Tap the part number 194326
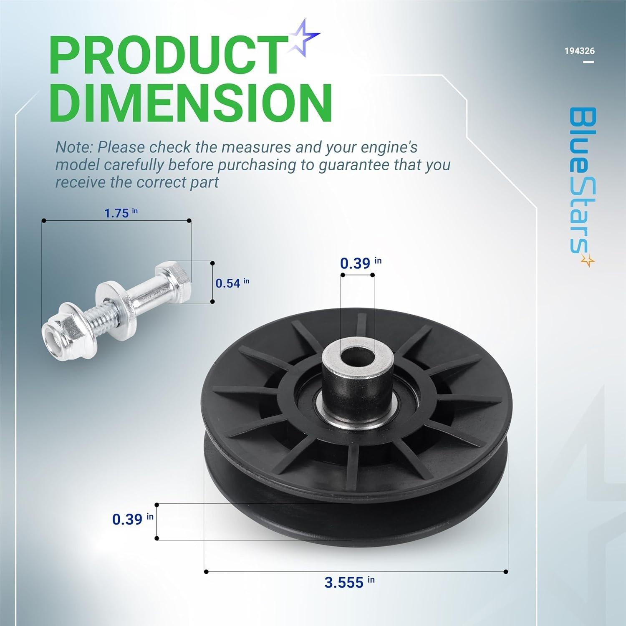tap(579, 51)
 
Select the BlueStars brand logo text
tap(581, 179)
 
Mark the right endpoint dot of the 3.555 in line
tap(506, 572)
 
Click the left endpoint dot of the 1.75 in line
tap(42, 220)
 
